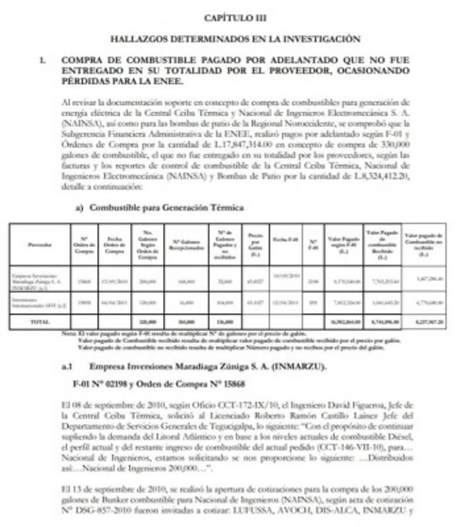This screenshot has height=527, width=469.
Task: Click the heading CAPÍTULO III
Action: point(235,18)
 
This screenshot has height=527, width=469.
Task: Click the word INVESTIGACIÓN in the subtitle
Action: point(324,39)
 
